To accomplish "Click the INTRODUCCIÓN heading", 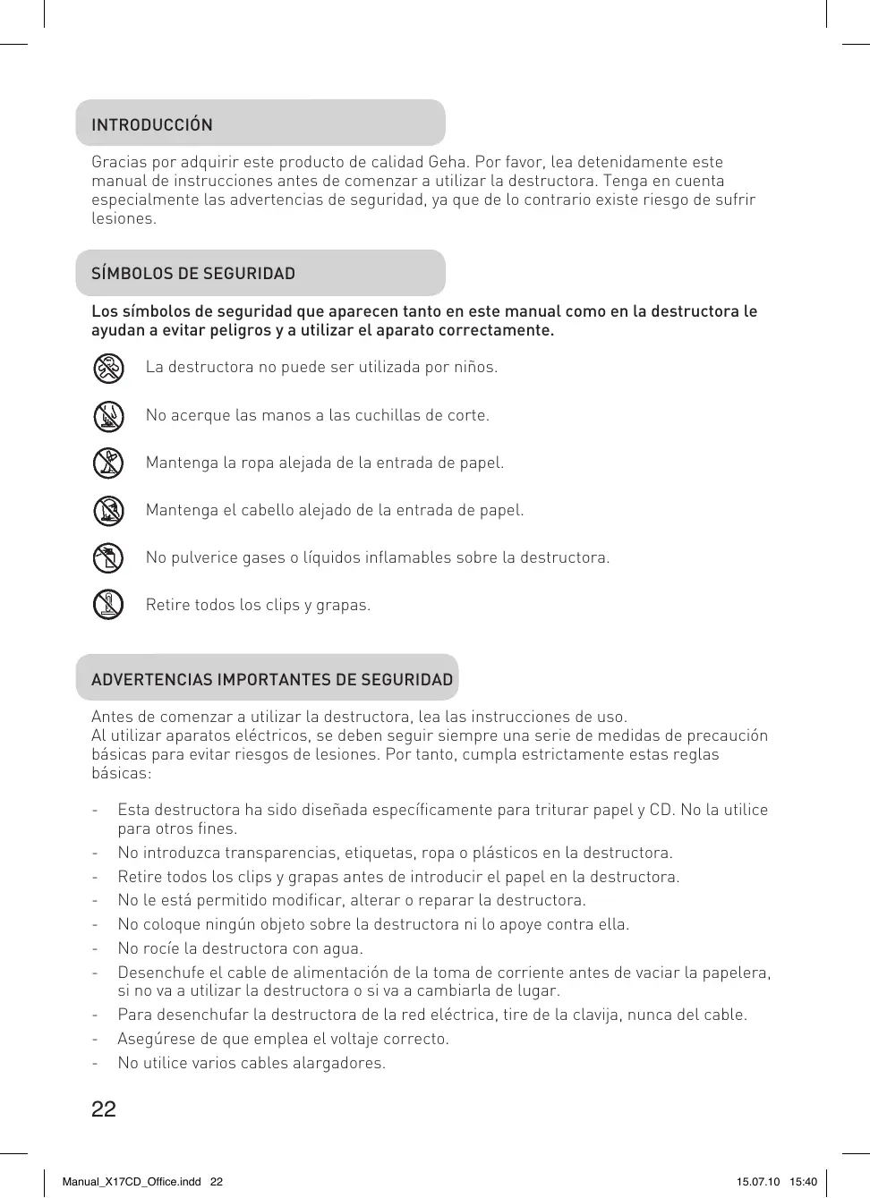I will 152,124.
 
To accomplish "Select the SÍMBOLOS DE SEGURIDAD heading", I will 193,274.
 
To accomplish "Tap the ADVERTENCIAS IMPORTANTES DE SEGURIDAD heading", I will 272,680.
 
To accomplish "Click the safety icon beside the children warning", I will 108,368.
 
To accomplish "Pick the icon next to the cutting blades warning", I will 108,416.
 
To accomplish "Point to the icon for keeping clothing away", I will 108,463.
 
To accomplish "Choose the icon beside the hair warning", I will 108,511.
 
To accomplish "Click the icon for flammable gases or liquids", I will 108,558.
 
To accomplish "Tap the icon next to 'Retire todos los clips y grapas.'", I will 108,605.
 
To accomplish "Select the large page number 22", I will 104,1109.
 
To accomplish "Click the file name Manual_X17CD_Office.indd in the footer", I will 132,1182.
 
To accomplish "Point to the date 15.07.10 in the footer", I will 758,1182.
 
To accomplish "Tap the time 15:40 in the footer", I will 803,1182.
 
